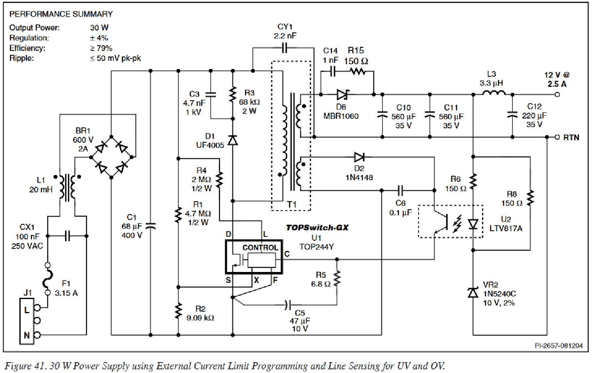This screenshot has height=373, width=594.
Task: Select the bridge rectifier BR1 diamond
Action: pyautogui.click(x=111, y=157)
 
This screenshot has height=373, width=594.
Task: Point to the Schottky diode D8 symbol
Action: pyautogui.click(x=342, y=95)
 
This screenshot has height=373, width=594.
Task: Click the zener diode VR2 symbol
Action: pyautogui.click(x=473, y=293)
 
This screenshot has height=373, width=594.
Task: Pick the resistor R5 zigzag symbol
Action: pyautogui.click(x=337, y=278)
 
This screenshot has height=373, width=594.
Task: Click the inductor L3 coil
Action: pyautogui.click(x=493, y=93)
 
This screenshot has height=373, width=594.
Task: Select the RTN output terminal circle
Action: pyautogui.click(x=557, y=137)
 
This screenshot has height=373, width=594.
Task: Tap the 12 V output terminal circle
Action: pyautogui.click(x=557, y=95)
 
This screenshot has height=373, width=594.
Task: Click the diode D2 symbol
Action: pyautogui.click(x=359, y=157)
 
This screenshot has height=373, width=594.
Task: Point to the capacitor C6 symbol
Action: pyautogui.click(x=400, y=190)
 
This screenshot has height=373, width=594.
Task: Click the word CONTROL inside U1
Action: pyautogui.click(x=260, y=248)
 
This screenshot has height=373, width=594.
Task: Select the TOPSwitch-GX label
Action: pyautogui.click(x=317, y=228)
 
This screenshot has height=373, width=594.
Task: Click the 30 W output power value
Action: pyautogui.click(x=99, y=27)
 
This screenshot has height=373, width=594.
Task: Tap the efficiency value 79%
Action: pyautogui.click(x=101, y=48)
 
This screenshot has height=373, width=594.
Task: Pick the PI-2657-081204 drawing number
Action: pyautogui.click(x=558, y=346)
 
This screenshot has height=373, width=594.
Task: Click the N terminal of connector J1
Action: pyautogui.click(x=37, y=335)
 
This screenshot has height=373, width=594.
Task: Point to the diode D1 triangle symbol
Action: pyautogui.click(x=233, y=140)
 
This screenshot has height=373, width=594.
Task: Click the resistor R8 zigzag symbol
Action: pyautogui.click(x=530, y=198)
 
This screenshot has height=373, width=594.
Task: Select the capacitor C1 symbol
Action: pyautogui.click(x=150, y=226)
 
